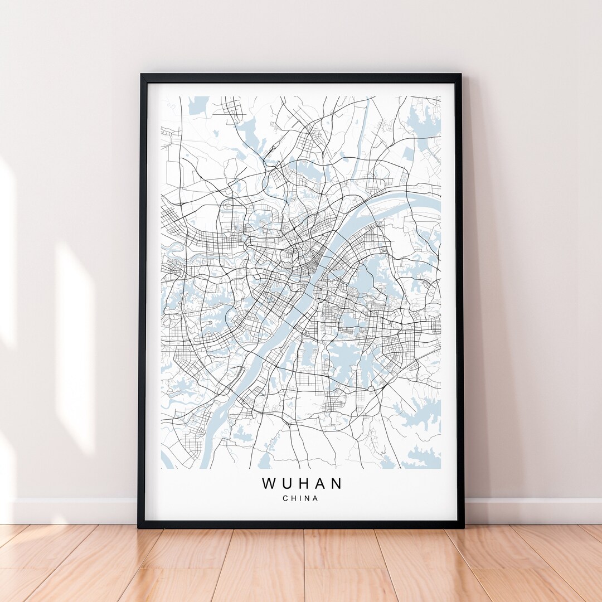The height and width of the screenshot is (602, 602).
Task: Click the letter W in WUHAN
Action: (269, 483)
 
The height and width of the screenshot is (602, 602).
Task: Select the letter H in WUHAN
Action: (302, 483)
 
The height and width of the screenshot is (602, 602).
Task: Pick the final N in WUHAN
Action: (336, 483)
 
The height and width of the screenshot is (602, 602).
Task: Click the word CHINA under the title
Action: (301, 498)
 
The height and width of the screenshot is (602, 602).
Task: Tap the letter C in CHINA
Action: (285, 498)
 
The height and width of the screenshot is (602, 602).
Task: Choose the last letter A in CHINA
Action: (316, 498)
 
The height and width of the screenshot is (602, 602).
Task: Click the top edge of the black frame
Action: (301, 78)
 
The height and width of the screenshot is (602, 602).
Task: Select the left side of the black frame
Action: (142, 301)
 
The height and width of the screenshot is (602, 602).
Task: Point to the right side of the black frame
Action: (460, 301)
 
